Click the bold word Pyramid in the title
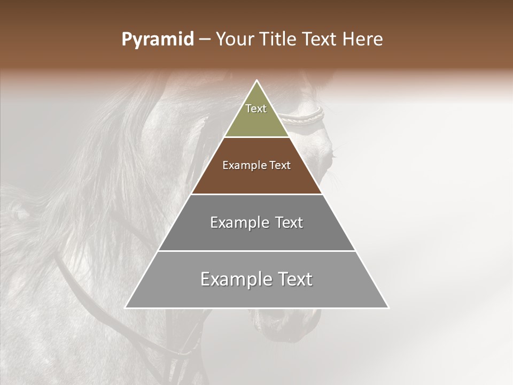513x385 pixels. click(158, 40)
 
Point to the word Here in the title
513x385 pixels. click(363, 40)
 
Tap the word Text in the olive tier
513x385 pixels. click(256, 109)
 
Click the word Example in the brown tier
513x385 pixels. click(242, 165)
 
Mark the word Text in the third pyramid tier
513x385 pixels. click(289, 222)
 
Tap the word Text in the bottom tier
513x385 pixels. click(295, 279)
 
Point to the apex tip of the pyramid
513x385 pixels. click(256, 81)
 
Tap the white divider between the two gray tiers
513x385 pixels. click(256, 251)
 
